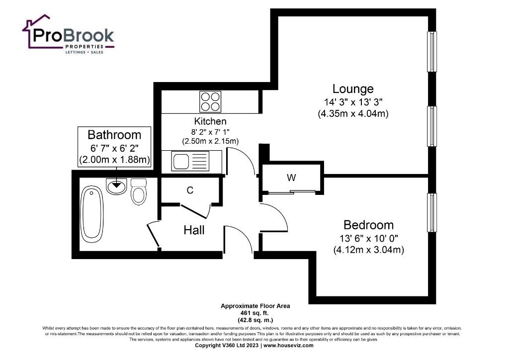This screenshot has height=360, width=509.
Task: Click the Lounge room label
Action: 353,89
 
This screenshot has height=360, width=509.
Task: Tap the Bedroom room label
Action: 368,225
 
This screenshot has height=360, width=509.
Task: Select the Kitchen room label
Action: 210,121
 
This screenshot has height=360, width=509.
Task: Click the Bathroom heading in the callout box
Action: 114,135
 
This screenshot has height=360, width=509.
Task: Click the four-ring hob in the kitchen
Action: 210,101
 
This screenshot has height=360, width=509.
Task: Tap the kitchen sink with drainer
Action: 191,161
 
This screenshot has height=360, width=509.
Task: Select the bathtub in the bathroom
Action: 92,214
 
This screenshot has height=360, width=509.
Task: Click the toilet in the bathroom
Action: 139,191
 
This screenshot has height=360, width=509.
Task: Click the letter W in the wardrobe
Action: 291,178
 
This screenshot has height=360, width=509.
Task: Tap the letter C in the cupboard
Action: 190,190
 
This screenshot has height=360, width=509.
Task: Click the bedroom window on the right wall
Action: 432,213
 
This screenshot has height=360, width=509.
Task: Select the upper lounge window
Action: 432,51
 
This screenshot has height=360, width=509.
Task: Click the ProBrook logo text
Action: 74,36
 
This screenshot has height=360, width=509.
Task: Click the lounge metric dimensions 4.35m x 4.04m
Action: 353,113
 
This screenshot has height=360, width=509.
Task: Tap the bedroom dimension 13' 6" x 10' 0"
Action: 369,239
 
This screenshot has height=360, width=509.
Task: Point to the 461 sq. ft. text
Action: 255,313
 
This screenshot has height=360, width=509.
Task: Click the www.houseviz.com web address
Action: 288,346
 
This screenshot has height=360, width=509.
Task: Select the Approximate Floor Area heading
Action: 255,306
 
